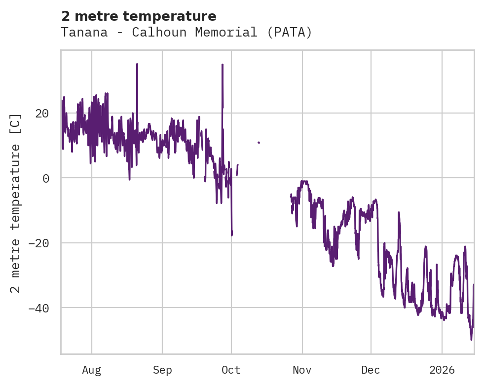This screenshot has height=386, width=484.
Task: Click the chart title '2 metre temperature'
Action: pyautogui.click(x=139, y=16)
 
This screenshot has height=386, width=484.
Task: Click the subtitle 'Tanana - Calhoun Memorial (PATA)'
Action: pyautogui.click(x=186, y=33)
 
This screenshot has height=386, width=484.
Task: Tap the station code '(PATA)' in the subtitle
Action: pyautogui.click(x=294, y=33)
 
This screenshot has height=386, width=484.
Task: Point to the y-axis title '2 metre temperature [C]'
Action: pyautogui.click(x=16, y=203)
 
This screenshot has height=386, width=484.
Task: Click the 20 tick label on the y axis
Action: pyautogui.click(x=42, y=114)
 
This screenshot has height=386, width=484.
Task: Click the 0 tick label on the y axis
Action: pyautogui.click(x=46, y=178)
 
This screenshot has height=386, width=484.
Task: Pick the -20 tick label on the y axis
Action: pyautogui.click(x=39, y=243)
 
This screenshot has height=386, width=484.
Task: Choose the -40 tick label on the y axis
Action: pyautogui.click(x=39, y=308)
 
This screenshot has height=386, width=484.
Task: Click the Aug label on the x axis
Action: pyautogui.click(x=92, y=370)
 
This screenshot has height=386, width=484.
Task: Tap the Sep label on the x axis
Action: pyautogui.click(x=162, y=370)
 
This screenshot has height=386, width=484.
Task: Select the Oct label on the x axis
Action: pyautogui.click(x=231, y=370)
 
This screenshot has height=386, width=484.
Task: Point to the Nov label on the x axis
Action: pyautogui.click(x=302, y=370)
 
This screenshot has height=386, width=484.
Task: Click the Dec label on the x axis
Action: pyautogui.click(x=371, y=370)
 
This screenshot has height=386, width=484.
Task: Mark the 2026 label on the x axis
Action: pyautogui.click(x=442, y=370)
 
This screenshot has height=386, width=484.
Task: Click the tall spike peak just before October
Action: pyautogui.click(x=223, y=65)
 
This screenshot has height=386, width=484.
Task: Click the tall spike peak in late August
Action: pyautogui.click(x=137, y=64)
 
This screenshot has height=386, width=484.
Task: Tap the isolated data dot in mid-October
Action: pyautogui.click(x=259, y=143)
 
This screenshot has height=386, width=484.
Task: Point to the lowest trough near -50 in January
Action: pyautogui.click(x=471, y=340)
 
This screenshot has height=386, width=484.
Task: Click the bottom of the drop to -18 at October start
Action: pyautogui.click(x=231, y=235)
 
